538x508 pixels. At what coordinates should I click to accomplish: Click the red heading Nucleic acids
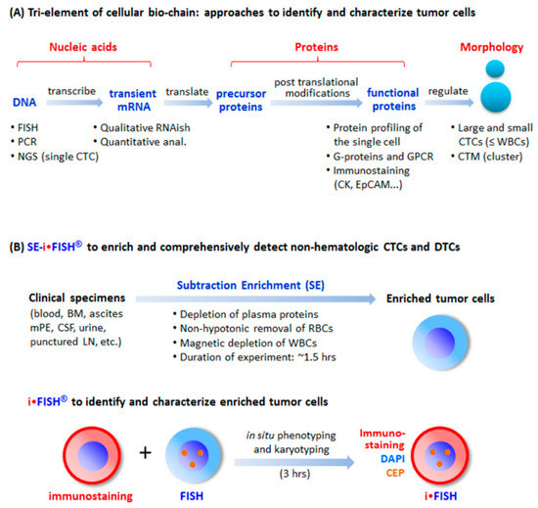tap(83, 47)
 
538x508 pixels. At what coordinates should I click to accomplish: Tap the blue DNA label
tap(24, 103)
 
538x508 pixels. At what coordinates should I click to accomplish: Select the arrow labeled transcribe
tap(74, 103)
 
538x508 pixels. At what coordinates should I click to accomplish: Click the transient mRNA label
tap(133, 100)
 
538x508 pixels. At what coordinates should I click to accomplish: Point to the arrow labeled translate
tap(188, 103)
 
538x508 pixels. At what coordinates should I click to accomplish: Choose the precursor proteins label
tap(241, 100)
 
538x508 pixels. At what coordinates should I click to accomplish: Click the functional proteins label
tap(393, 99)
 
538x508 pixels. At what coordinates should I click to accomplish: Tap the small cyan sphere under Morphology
tap(495, 69)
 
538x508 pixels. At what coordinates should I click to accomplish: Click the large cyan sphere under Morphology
tap(496, 97)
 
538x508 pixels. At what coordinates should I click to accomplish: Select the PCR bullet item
tap(23, 142)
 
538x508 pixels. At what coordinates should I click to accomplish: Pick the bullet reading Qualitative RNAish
tap(142, 127)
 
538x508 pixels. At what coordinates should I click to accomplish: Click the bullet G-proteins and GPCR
tap(380, 157)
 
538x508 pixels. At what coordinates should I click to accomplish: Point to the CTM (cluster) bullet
tap(487, 157)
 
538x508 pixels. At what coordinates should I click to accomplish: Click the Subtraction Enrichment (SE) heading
tap(250, 285)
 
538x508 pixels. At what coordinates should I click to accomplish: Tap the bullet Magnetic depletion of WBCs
tap(245, 343)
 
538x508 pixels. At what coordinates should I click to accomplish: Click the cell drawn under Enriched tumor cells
tap(440, 343)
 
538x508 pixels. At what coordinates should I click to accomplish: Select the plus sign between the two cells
tap(146, 453)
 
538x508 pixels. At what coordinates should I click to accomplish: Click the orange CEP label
tap(395, 473)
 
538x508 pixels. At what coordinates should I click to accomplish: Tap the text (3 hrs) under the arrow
tap(294, 474)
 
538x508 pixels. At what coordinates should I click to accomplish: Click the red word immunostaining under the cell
tap(91, 496)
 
